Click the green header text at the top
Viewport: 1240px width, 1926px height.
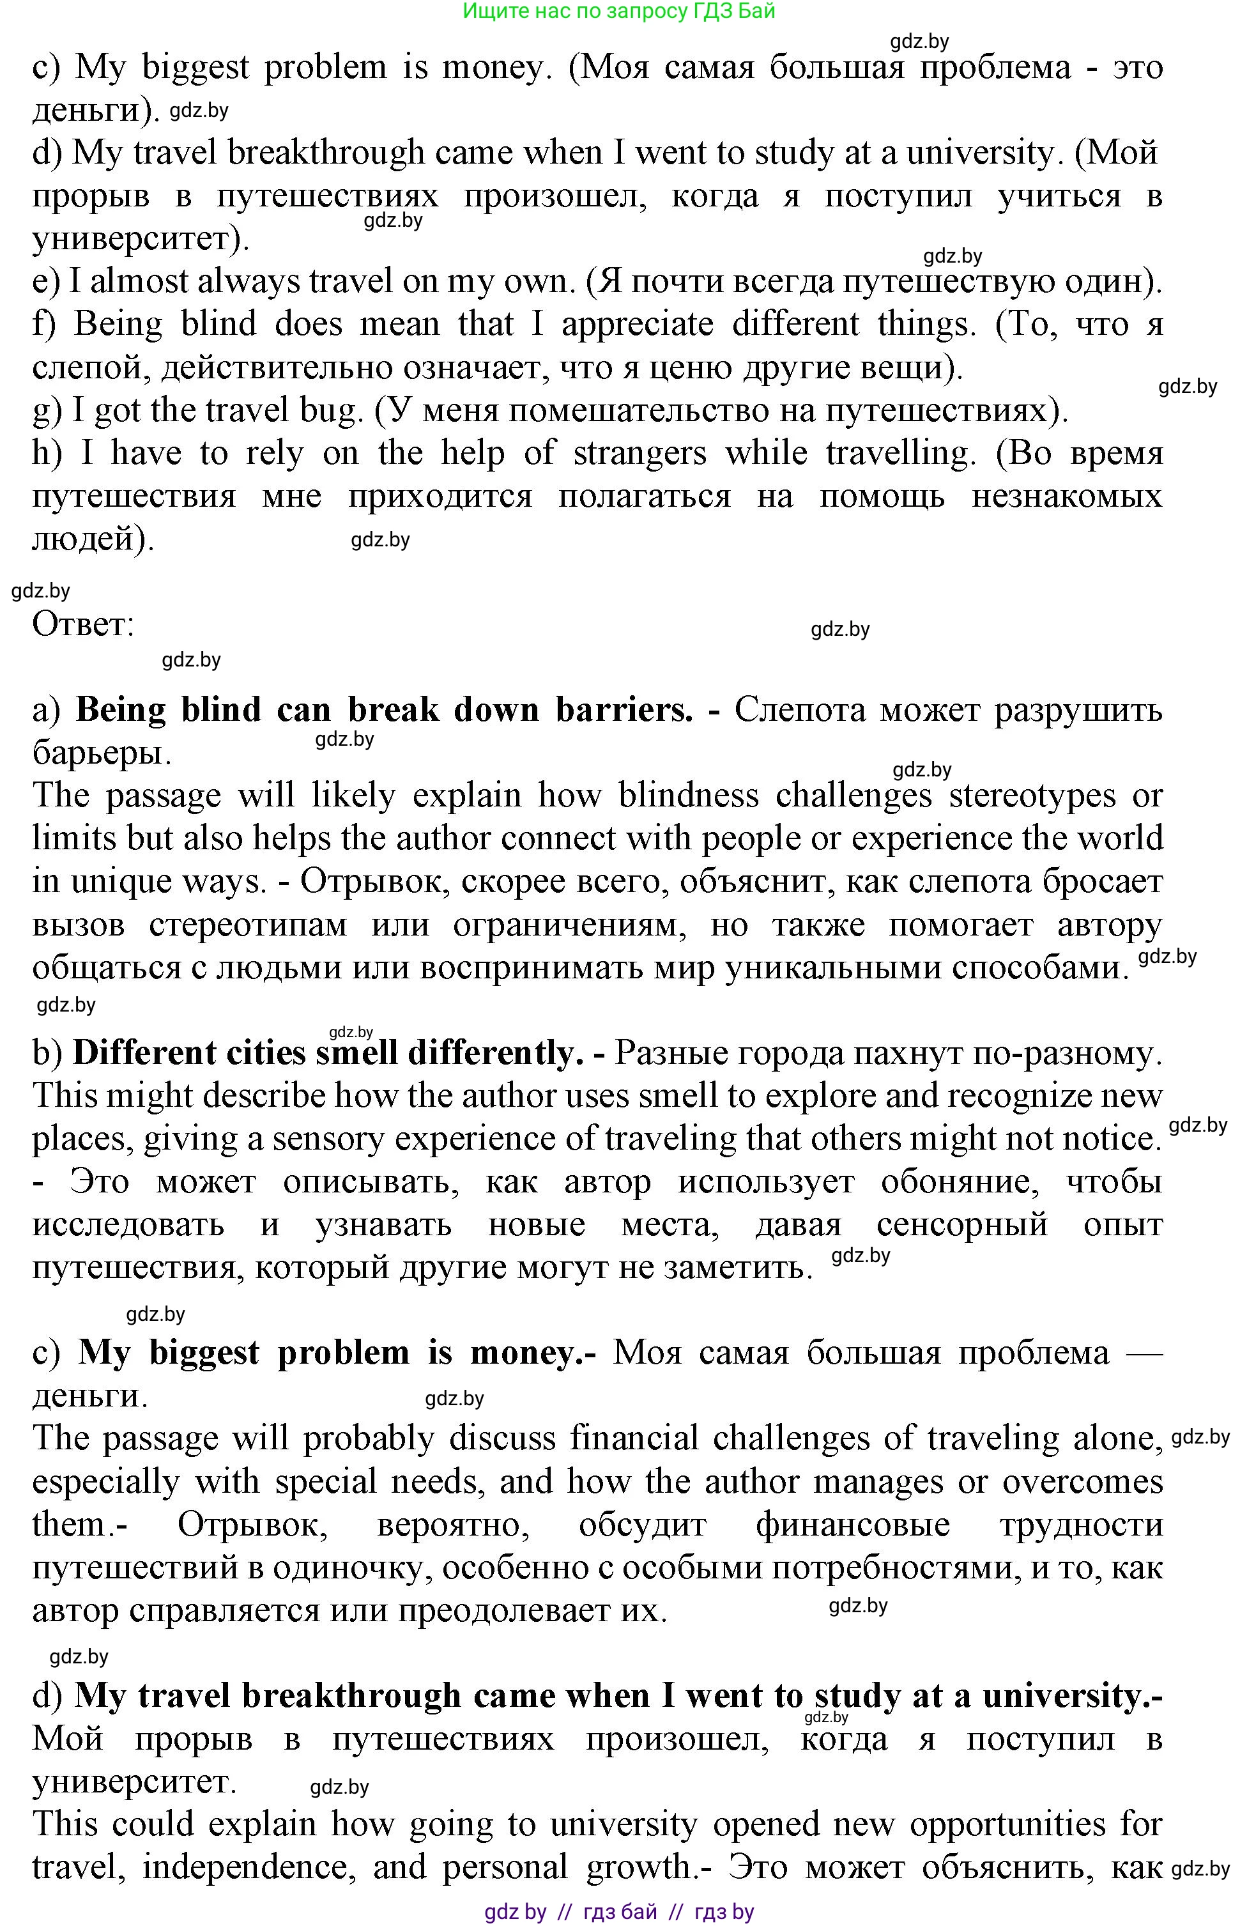pos(619,12)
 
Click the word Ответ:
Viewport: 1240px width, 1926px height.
pos(83,624)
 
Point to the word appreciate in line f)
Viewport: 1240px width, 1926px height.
pos(637,325)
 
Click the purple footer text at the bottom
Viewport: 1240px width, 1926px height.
pos(619,1911)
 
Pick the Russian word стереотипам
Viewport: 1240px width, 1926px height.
pos(248,925)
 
